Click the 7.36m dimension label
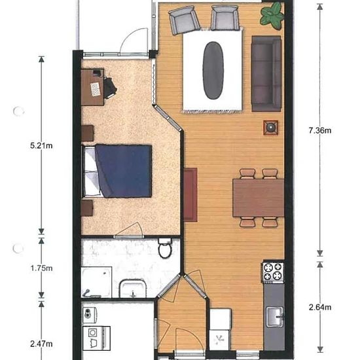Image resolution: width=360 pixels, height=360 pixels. tap(320, 131)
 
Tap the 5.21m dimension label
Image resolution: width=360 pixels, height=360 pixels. tap(41, 145)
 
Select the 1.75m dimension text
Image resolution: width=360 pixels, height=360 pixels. tap(41, 268)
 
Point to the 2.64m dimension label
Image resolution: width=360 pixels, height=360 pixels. tap(320, 307)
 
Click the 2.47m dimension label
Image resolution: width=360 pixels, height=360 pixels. tap(41, 344)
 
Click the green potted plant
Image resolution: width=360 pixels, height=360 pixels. tap(272, 16)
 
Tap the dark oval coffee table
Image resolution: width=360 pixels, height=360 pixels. tap(213, 70)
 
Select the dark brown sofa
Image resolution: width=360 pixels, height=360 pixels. tap(266, 74)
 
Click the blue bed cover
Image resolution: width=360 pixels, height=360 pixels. tap(124, 171)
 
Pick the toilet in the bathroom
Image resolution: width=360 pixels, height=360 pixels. tap(165, 248)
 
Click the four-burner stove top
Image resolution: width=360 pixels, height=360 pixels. tap(273, 272)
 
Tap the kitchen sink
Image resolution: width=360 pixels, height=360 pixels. tap(275, 317)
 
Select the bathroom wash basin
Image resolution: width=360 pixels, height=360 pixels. tap(133, 289)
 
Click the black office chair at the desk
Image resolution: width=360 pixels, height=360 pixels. tap(110, 88)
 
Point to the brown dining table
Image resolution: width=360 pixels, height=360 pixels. tap(259, 198)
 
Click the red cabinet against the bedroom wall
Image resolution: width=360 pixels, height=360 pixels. tap(190, 194)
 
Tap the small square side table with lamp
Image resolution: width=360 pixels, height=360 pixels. tap(270, 128)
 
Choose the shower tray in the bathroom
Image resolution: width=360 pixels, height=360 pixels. tap(96, 282)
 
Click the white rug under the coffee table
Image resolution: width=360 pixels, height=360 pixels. tap(213, 71)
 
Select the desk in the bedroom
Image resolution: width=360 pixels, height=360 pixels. tap(92, 87)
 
